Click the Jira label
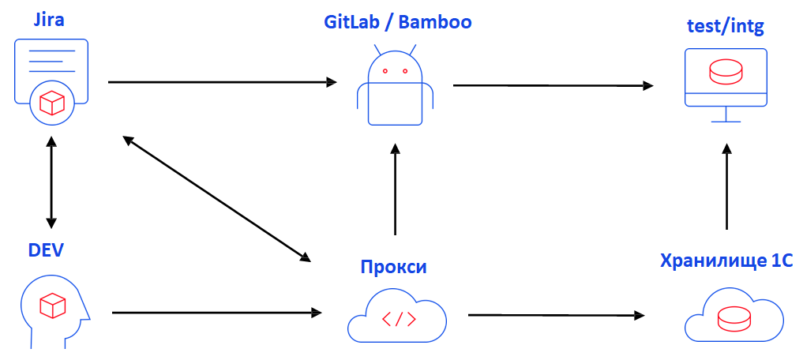pyautogui.click(x=49, y=21)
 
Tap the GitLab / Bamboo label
pyautogui.click(x=397, y=21)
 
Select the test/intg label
pyautogui.click(x=725, y=28)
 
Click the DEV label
pyautogui.click(x=46, y=251)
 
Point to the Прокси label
pyautogui.click(x=393, y=266)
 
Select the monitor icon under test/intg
pyautogui.click(x=726, y=84)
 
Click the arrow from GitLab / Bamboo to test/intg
pyautogui.click(x=553, y=84)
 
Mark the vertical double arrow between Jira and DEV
pyautogui.click(x=51, y=182)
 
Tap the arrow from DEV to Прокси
pyautogui.click(x=217, y=313)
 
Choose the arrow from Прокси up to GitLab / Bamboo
pyautogui.click(x=395, y=189)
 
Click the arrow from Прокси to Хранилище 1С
pyautogui.click(x=556, y=315)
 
